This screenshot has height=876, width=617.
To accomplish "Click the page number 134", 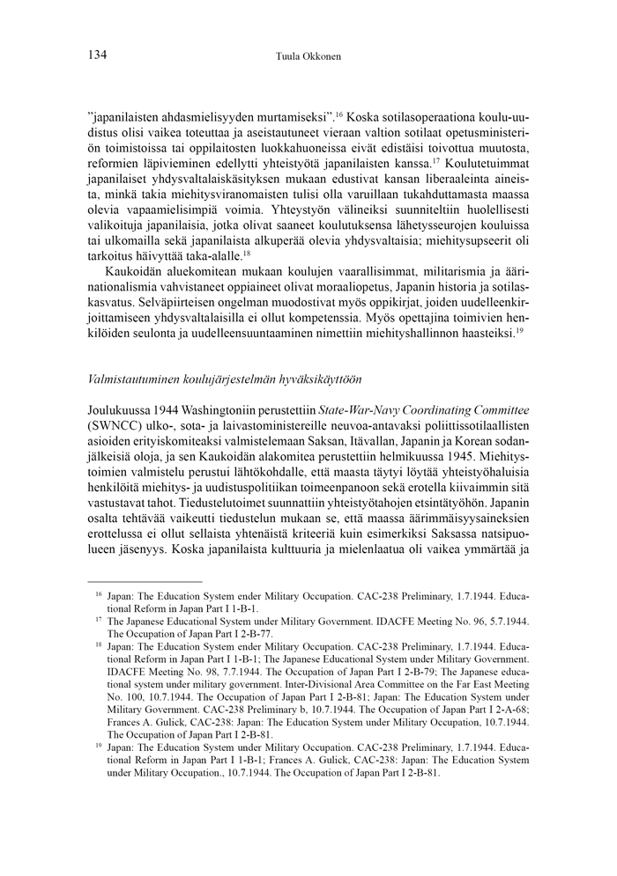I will click(98, 55).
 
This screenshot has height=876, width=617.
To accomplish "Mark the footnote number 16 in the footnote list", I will click(99, 595).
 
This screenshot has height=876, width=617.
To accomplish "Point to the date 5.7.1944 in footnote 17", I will click(502, 620).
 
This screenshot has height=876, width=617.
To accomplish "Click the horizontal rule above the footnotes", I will click(145, 581).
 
